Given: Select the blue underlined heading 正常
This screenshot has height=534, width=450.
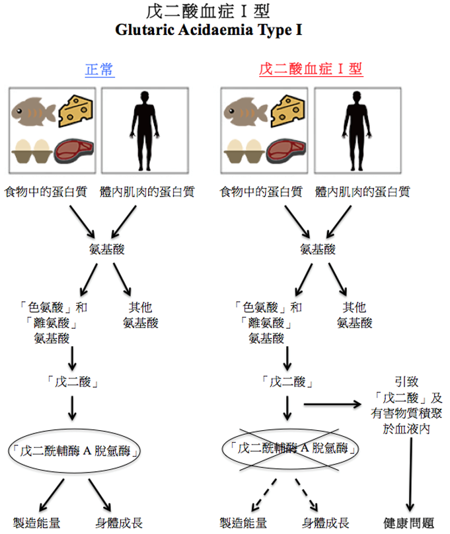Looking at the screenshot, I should click(100, 70).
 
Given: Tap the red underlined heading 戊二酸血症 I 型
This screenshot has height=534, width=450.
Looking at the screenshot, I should click(311, 69).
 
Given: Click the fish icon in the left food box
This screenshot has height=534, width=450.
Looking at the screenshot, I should click(31, 110).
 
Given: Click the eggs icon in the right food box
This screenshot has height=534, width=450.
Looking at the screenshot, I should click(244, 150).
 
